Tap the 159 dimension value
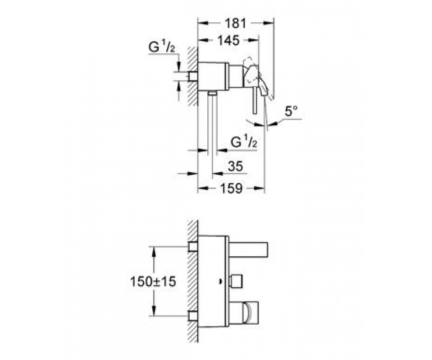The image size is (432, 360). tap(231, 189)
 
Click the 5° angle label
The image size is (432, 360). tap(291, 111)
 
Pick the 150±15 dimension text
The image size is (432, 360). tap(153, 282)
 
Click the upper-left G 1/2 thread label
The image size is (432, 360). tap(162, 48)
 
